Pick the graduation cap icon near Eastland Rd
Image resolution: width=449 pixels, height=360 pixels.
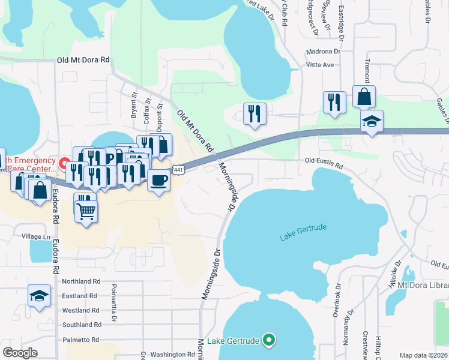[x=39, y=296]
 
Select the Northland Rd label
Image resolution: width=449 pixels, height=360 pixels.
[x=81, y=281]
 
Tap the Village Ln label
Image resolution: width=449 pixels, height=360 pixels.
[x=36, y=237]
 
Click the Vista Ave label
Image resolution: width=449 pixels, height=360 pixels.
[x=319, y=64]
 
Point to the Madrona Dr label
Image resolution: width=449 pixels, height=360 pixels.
[x=322, y=52]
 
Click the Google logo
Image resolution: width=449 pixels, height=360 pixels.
[x=20, y=353]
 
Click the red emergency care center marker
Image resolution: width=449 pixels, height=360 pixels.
[x=64, y=162]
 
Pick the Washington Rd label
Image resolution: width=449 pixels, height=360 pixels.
[x=173, y=355]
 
